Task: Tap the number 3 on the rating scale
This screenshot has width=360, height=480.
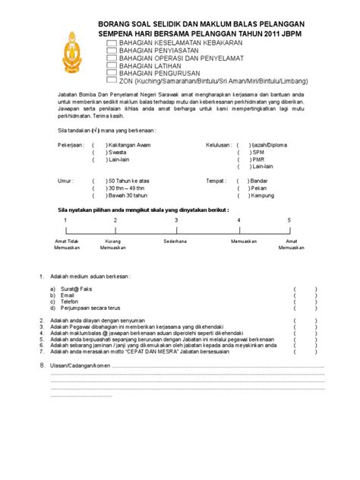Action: pyautogui.click(x=176, y=219)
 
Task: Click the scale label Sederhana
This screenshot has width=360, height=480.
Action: pyautogui.click(x=177, y=241)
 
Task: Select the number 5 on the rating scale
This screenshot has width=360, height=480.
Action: pyautogui.click(x=289, y=219)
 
